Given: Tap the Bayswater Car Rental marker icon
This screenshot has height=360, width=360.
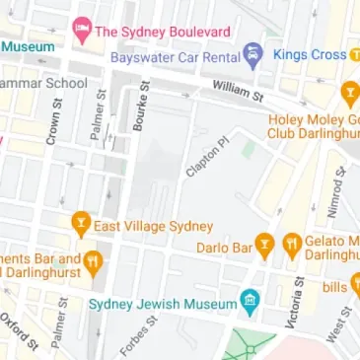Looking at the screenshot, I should pos(252,54).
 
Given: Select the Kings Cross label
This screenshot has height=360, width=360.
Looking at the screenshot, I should pos(310,54).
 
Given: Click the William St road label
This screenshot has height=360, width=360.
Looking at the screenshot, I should pos(238,92).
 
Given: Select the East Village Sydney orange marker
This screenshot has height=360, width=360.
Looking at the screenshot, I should pos(81,225).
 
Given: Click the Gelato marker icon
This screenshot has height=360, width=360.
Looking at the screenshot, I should pos(292,245).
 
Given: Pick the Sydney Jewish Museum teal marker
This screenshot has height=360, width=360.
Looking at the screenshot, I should pos(251,302).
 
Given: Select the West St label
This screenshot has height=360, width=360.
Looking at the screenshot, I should pos(338,324).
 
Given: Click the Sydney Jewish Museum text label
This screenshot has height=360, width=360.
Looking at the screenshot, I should pos(164,304).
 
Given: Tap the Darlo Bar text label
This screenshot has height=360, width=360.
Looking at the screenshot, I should pos(223,247).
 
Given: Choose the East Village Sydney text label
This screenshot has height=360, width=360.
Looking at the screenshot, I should pos(153,226).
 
